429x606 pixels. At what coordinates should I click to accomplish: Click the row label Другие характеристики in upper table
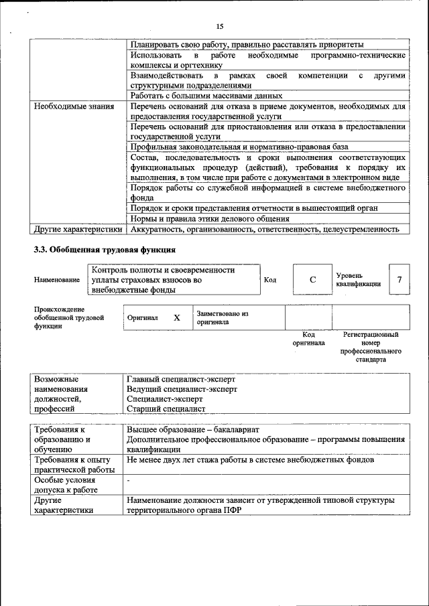[78, 229]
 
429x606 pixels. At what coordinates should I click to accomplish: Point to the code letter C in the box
[312, 279]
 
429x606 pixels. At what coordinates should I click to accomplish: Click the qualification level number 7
[400, 279]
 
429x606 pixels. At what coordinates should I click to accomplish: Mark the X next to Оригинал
[177, 318]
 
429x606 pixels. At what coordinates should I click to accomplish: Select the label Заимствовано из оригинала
[223, 317]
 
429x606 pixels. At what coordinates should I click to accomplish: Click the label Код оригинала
[308, 338]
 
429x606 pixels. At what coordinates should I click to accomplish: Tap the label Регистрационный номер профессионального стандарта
[371, 346]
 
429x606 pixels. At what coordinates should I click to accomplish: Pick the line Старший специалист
[166, 408]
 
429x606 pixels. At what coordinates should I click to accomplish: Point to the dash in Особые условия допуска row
[129, 481]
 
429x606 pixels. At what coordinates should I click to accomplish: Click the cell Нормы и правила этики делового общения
[210, 218]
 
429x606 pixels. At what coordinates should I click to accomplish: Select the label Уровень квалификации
[359, 279]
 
